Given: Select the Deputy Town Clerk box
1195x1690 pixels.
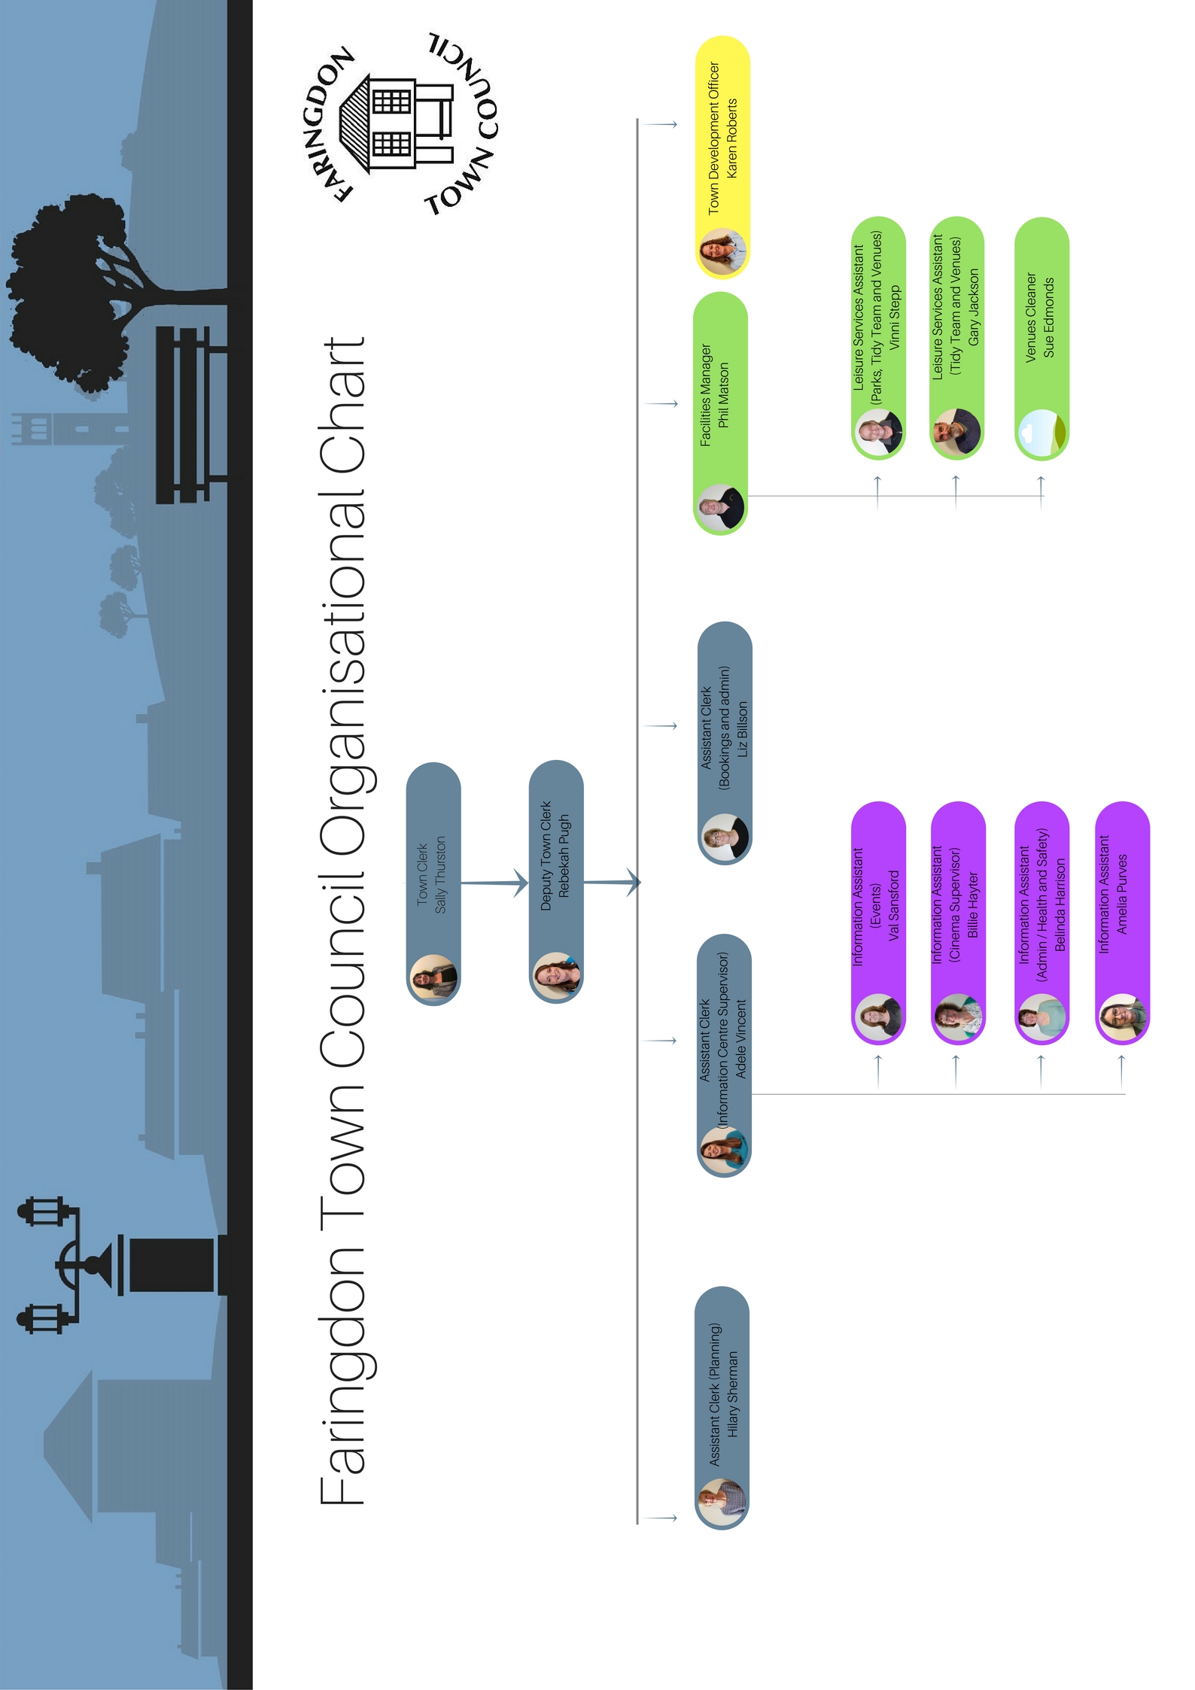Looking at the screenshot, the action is click(x=556, y=881).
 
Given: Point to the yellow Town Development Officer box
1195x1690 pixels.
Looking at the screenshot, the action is click(x=722, y=157).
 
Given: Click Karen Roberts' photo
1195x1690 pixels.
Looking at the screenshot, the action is click(x=722, y=253).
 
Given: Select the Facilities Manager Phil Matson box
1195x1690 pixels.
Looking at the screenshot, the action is click(x=720, y=414).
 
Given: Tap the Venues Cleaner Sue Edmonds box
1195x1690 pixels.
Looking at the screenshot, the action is click(x=1041, y=339).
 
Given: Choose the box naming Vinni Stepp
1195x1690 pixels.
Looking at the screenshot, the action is click(x=878, y=339).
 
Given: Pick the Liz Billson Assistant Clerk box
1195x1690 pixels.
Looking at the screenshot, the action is click(x=725, y=743).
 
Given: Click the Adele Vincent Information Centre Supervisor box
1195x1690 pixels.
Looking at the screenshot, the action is click(x=724, y=1056).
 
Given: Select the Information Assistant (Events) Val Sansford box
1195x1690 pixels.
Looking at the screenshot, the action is click(x=878, y=923).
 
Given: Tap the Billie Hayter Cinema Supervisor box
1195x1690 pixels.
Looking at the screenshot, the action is click(x=958, y=923).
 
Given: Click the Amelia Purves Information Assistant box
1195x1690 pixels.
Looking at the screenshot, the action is click(x=1122, y=923).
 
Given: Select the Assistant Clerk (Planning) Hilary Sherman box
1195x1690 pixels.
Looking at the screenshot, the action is click(x=722, y=1408).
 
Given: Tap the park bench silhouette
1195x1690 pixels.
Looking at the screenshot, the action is click(x=191, y=415).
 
